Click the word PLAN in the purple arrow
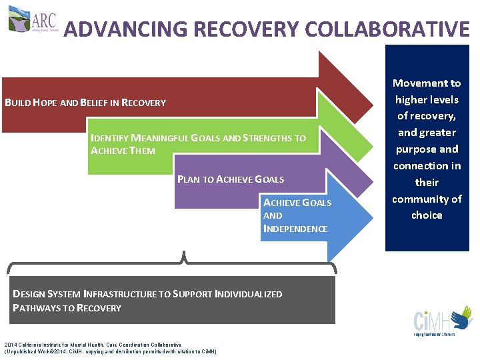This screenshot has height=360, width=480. [189, 179]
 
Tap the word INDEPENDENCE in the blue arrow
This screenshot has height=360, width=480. [295, 229]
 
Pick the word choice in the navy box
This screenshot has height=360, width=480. [427, 215]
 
